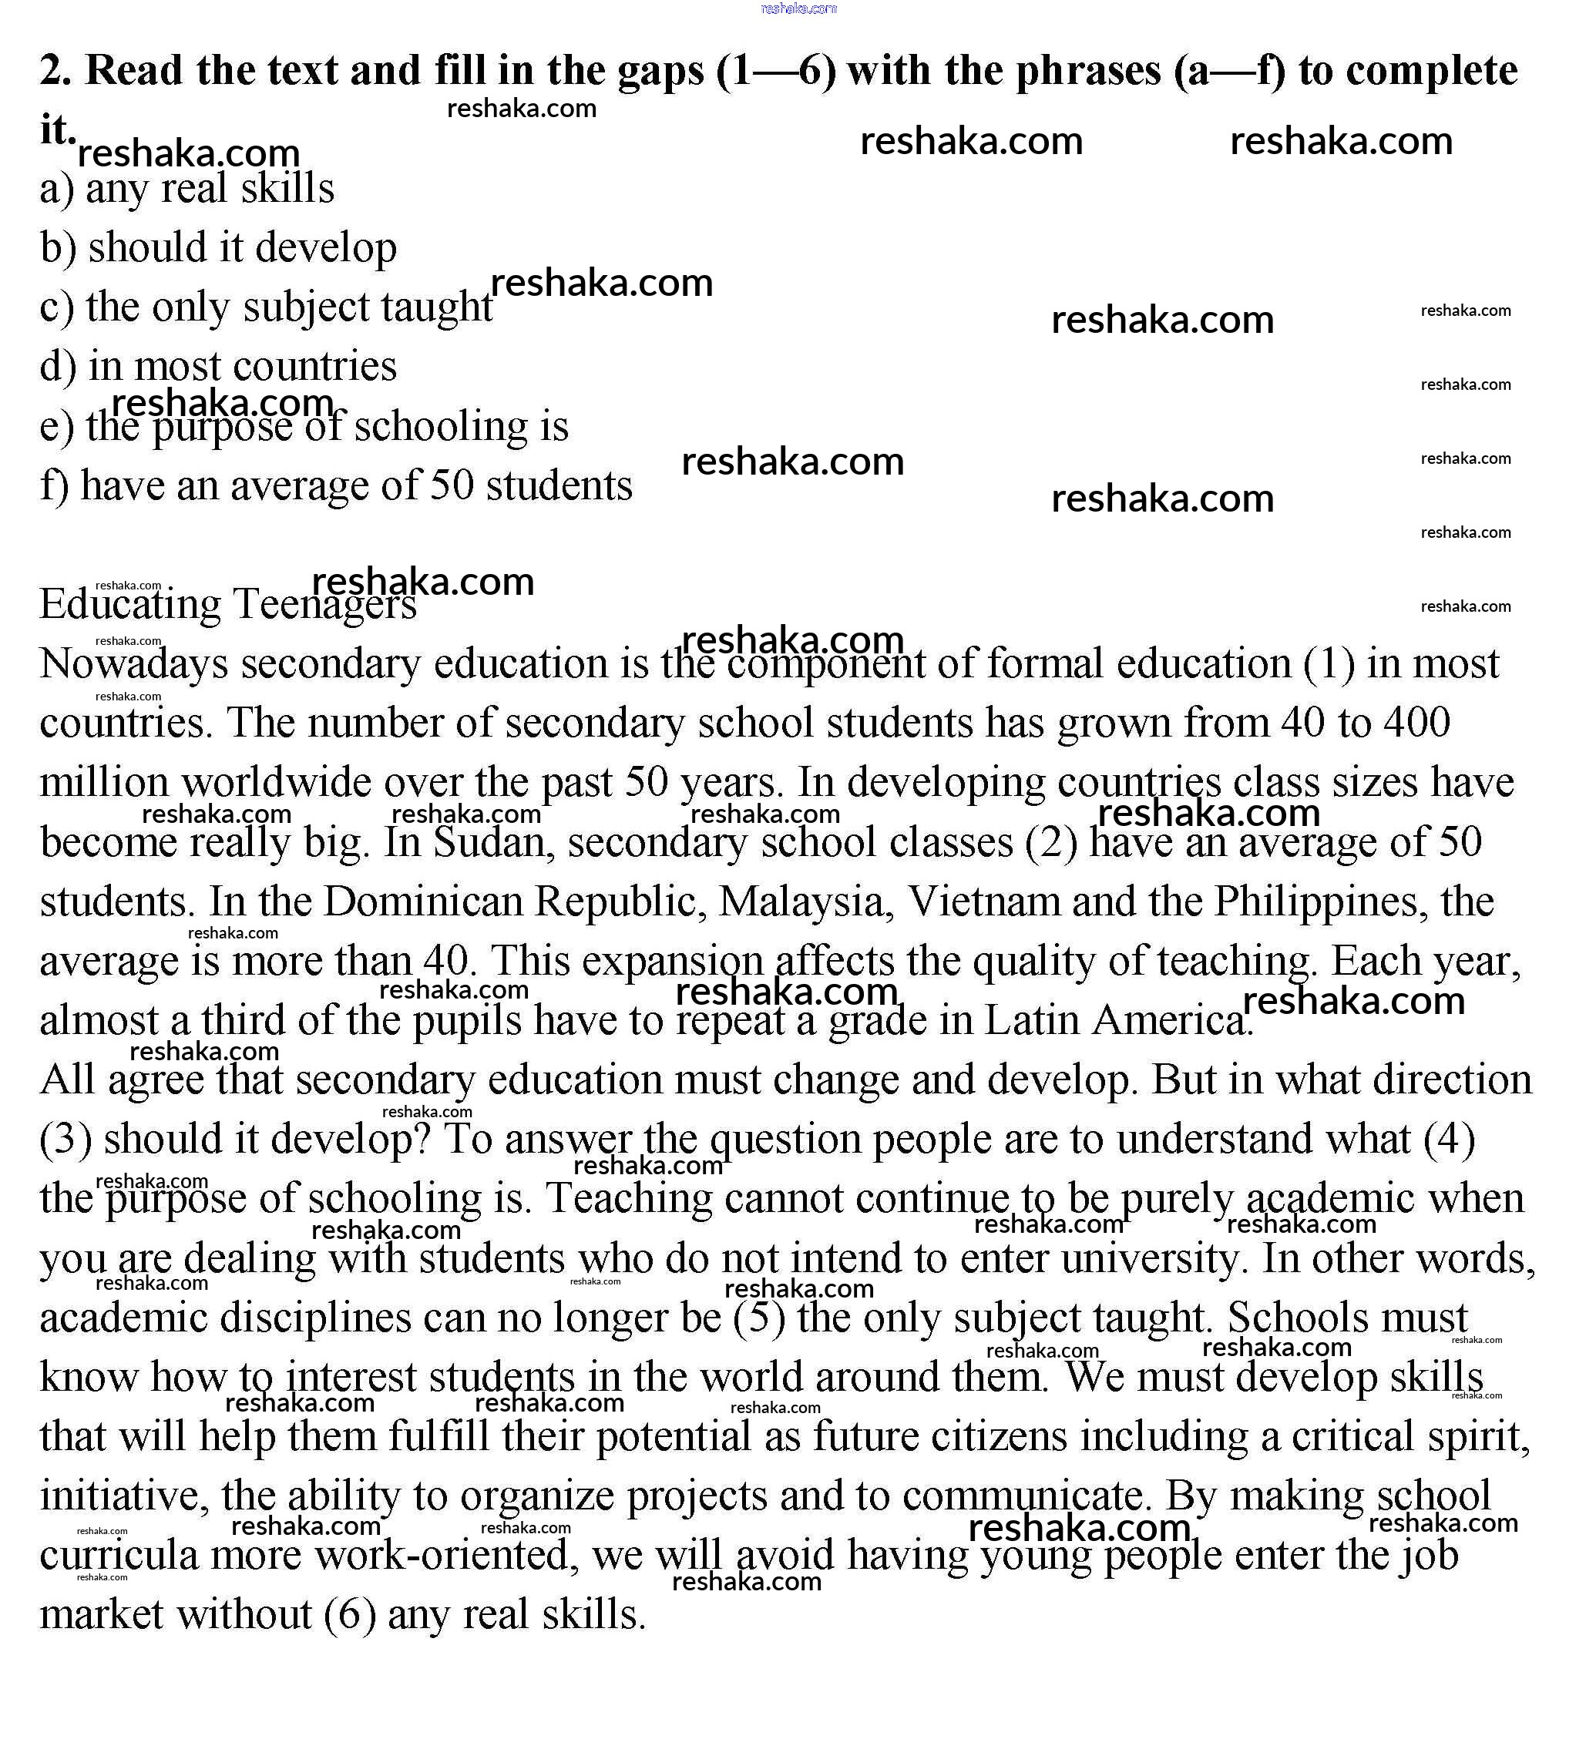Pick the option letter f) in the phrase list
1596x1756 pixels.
[54, 486]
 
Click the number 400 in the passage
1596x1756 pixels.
[1416, 722]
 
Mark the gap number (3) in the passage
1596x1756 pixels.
[66, 1140]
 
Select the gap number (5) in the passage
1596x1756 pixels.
[760, 1318]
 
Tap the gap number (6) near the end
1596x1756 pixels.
[349, 1615]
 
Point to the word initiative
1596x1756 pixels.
[124, 1496]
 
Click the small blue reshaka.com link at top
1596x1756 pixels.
[798, 8]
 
